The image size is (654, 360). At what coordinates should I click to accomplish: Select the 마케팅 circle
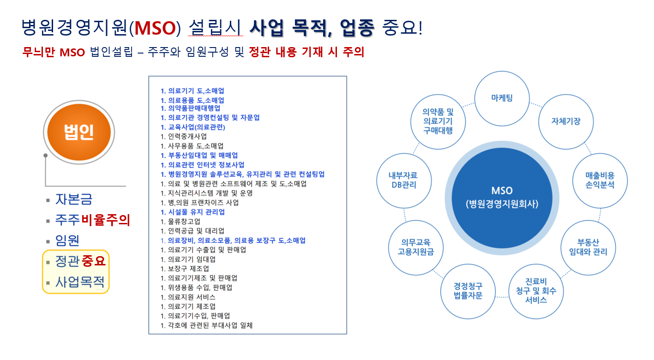pos(502,98)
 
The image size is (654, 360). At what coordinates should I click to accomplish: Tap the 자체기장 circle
pos(566,121)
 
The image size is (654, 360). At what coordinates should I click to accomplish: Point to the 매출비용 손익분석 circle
pos(600,180)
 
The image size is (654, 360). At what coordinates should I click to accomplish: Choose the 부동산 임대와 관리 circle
pos(588,247)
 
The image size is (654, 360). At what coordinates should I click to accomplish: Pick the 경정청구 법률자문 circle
pos(468,291)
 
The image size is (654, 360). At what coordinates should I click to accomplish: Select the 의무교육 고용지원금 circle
pos(416,247)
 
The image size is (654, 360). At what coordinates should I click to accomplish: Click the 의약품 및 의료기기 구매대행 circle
pos(438,121)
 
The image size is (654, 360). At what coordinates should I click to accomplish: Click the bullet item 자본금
pos(74,199)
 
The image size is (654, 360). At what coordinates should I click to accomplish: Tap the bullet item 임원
pos(67,240)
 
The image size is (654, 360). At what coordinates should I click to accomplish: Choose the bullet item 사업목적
pos(80,281)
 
